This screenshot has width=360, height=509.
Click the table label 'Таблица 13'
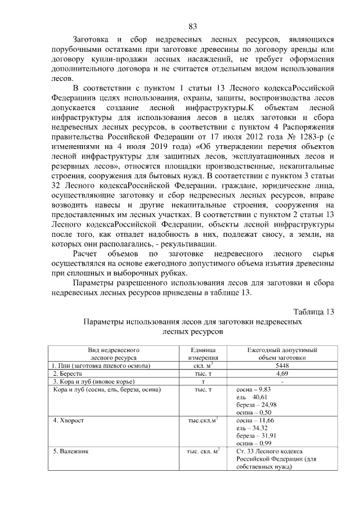pyautogui.click(x=314, y=312)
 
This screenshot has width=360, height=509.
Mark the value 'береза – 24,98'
pyautogui.click(x=257, y=404)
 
